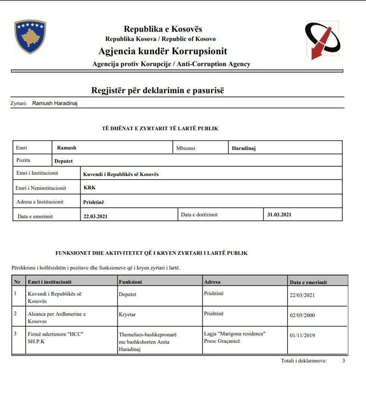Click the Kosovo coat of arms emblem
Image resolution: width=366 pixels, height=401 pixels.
pyautogui.click(x=30, y=37)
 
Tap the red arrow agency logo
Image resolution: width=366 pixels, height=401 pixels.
pyautogui.click(x=322, y=40)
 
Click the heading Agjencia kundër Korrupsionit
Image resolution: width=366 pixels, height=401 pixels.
pyautogui.click(x=162, y=51)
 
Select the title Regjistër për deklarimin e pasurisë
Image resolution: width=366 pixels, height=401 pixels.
pyautogui.click(x=158, y=90)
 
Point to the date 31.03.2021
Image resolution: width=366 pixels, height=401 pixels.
pyautogui.click(x=279, y=215)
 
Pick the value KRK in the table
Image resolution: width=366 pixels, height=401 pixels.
pyautogui.click(x=90, y=188)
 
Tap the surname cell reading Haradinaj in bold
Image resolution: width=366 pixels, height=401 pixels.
pyautogui.click(x=244, y=148)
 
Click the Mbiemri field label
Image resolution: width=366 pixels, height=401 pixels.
pyautogui.click(x=186, y=148)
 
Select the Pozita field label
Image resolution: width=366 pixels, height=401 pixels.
pyautogui.click(x=24, y=160)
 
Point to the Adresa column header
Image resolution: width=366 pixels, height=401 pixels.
pyautogui.click(x=212, y=282)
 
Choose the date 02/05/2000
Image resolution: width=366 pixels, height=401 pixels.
pyautogui.click(x=302, y=315)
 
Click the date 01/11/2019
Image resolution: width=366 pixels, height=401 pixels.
pyautogui.click(x=302, y=335)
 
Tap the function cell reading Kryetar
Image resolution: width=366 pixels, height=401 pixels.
pyautogui.click(x=127, y=315)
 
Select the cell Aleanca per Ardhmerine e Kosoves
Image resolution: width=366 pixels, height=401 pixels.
pyautogui.click(x=56, y=317)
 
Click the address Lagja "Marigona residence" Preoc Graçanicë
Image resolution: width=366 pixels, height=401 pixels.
pyautogui.click(x=235, y=337)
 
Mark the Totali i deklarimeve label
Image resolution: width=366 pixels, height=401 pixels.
pyautogui.click(x=304, y=361)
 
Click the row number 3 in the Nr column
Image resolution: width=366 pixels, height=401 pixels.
pyautogui.click(x=15, y=333)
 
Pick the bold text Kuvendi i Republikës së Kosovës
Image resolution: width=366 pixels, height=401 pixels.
pyautogui.click(x=121, y=174)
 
